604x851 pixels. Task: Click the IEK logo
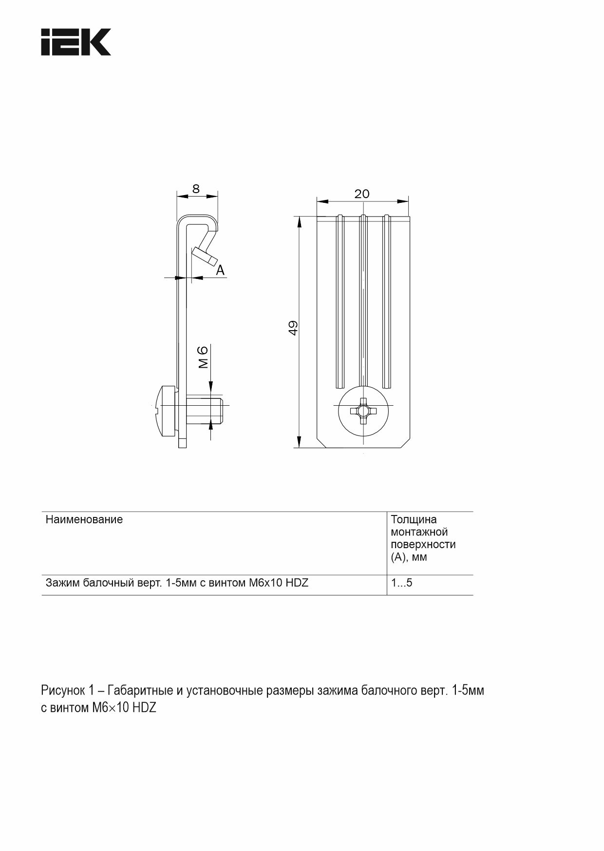click(75, 42)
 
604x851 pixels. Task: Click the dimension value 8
click(196, 189)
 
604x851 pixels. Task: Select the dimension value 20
click(362, 194)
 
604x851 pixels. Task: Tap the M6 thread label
click(204, 356)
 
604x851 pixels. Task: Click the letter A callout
click(221, 270)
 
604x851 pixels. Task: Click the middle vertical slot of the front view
click(363, 300)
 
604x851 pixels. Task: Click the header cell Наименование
click(84, 519)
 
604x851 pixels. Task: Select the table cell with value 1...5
click(402, 583)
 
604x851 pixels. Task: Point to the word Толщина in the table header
click(414, 519)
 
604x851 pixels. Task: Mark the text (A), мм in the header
click(409, 557)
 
